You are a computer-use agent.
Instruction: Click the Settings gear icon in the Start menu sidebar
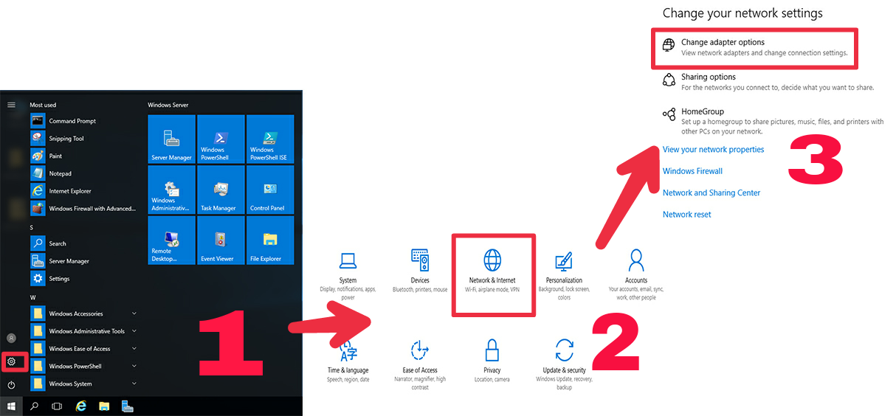click(12, 361)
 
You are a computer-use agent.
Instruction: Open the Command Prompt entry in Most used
click(72, 121)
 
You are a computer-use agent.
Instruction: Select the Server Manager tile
click(171, 139)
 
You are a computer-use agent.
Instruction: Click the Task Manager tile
click(220, 190)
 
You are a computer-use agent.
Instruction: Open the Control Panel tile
click(269, 190)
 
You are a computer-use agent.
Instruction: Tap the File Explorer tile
click(269, 240)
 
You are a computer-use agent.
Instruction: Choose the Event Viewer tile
click(220, 240)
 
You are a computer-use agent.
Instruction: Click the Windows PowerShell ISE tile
click(269, 139)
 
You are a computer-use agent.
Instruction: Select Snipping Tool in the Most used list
click(66, 139)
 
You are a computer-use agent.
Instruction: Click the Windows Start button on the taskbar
click(11, 406)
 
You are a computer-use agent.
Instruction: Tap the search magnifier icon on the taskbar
click(34, 406)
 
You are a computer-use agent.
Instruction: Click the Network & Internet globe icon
click(492, 260)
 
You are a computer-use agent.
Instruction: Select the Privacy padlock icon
click(492, 349)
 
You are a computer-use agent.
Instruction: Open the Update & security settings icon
click(565, 349)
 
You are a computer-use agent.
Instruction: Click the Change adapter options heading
click(723, 43)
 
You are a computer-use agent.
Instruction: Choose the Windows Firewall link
click(692, 171)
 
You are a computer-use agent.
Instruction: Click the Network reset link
click(686, 215)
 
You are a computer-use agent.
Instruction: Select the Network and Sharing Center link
click(711, 193)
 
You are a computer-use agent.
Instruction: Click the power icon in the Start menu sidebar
click(12, 385)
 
